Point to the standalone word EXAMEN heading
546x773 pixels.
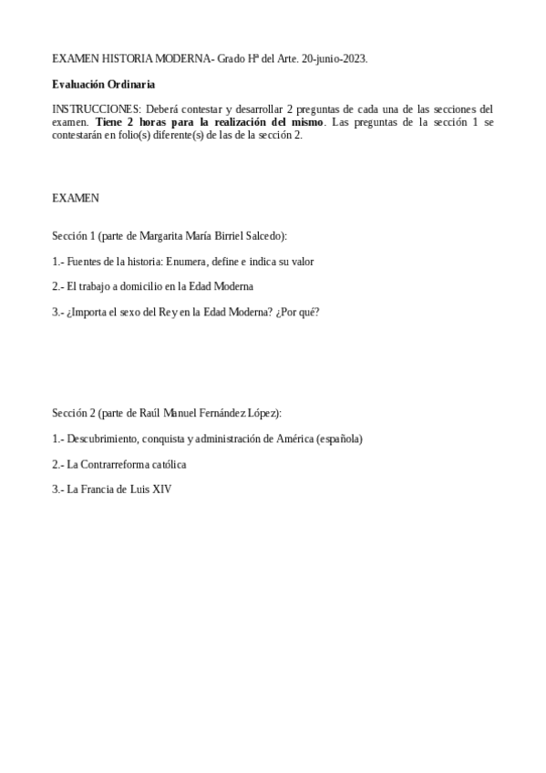click(x=76, y=197)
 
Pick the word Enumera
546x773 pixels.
click(x=188, y=262)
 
